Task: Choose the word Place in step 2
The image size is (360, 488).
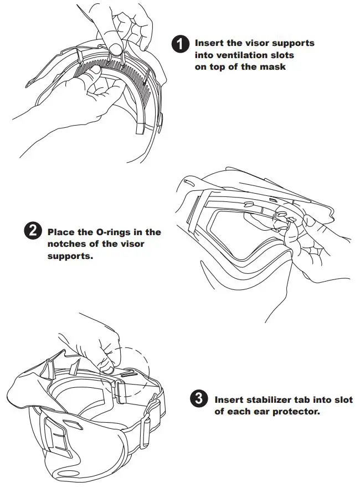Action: point(60,232)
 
